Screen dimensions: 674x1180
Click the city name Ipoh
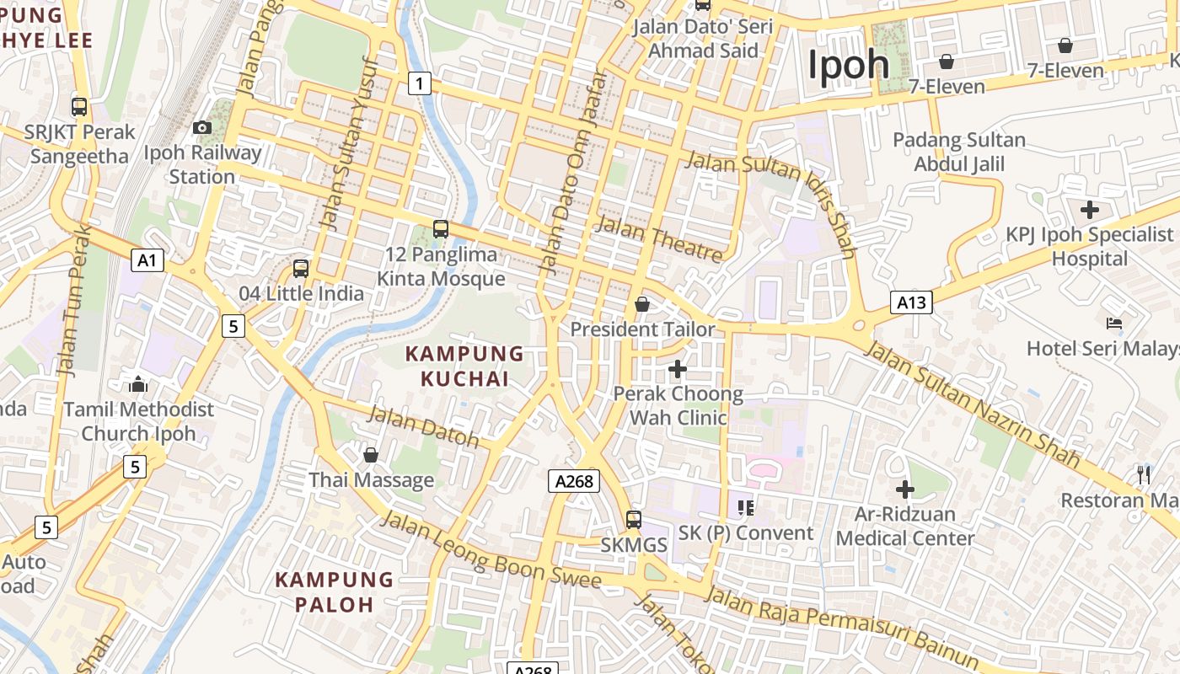[x=849, y=65]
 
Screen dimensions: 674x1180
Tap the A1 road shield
[x=147, y=260]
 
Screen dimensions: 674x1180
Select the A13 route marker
[x=911, y=302]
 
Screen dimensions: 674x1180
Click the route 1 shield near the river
[x=419, y=83]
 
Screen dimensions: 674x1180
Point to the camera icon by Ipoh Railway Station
[x=202, y=127]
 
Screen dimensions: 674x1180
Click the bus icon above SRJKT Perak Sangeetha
[x=79, y=107]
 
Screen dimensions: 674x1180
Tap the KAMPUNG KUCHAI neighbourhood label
[x=464, y=366]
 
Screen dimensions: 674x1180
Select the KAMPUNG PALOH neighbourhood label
[x=334, y=592]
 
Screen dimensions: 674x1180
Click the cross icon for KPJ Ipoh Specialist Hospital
[x=1090, y=209]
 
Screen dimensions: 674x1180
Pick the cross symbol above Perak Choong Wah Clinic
[x=678, y=369]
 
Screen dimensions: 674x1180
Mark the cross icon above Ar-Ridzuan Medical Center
[x=905, y=489]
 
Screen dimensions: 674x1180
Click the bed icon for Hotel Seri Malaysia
[x=1113, y=324]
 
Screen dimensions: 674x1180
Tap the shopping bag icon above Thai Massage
[x=371, y=456]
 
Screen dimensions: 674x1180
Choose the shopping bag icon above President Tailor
[x=642, y=304]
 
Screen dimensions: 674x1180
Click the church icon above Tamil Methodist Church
[x=138, y=385]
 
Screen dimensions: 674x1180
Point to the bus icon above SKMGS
[x=634, y=520]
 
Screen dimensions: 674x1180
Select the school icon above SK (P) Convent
[x=745, y=507]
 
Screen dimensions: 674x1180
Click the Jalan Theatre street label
[x=659, y=238]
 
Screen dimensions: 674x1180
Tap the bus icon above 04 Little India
[x=301, y=269]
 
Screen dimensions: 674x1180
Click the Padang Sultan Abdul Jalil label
[x=959, y=152]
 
